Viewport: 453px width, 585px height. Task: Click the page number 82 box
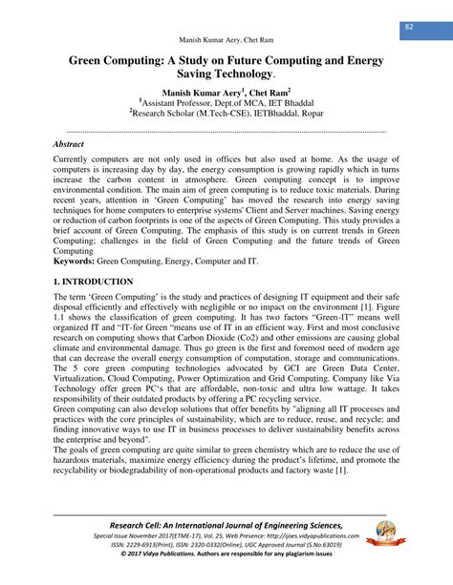(x=408, y=25)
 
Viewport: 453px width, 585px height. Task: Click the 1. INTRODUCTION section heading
(x=80, y=282)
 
